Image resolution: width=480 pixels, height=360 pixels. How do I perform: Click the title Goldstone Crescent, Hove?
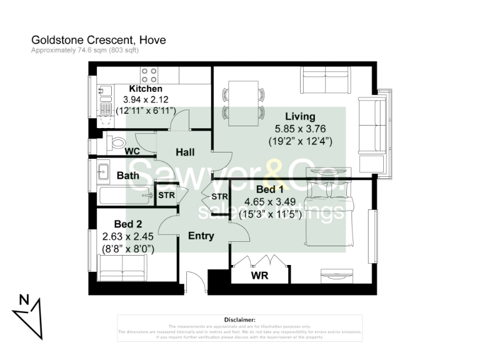pyautogui.click(x=99, y=40)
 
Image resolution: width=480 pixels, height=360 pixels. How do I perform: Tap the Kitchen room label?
pyautogui.click(x=146, y=89)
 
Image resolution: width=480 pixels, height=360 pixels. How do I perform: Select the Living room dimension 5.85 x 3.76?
pyautogui.click(x=300, y=129)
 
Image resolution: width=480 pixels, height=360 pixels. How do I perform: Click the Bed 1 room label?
pyautogui.click(x=270, y=189)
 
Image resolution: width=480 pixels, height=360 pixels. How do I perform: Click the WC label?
pyautogui.click(x=132, y=151)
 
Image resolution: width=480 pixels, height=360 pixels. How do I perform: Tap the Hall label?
pyautogui.click(x=185, y=152)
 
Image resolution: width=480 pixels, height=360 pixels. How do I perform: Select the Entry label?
pyautogui.click(x=201, y=236)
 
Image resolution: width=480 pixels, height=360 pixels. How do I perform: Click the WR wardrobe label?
pyautogui.click(x=260, y=274)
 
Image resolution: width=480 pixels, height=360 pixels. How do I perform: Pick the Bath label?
pyautogui.click(x=128, y=176)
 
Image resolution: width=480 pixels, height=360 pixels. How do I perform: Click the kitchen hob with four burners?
pyautogui.click(x=149, y=75)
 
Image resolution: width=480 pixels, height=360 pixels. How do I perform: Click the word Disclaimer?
pyautogui.click(x=240, y=319)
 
